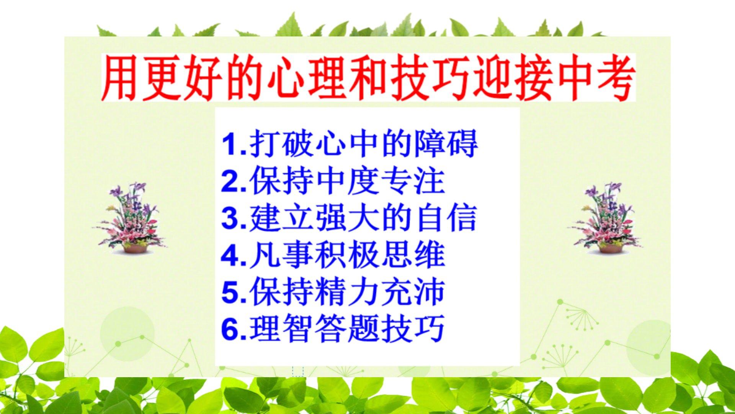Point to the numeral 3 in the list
click(x=230, y=218)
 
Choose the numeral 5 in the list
click(x=230, y=292)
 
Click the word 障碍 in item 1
click(x=446, y=144)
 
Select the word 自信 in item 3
click(x=446, y=218)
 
